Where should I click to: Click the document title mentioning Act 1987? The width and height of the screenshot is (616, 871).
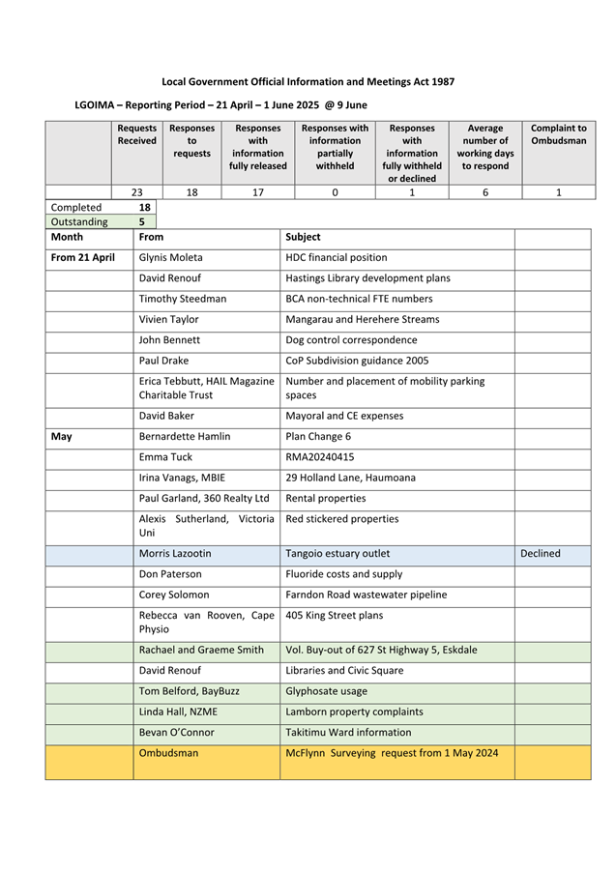308,82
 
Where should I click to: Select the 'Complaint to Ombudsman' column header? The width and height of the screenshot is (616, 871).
558,134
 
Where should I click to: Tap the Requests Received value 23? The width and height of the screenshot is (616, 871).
137,192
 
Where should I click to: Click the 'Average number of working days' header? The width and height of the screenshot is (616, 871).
484,147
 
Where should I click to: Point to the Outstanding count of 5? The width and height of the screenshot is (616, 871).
142,221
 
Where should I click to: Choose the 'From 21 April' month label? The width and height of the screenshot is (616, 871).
82,258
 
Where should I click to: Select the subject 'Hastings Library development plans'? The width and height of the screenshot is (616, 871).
368,278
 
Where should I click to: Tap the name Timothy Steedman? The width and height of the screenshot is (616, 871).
183,299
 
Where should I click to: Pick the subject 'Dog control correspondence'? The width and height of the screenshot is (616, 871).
352,340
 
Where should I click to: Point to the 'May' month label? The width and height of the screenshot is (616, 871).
61,437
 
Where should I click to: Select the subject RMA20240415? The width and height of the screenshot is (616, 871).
320,457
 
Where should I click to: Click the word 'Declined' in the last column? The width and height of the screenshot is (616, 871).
541,554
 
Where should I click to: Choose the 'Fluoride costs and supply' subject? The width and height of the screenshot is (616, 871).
349,574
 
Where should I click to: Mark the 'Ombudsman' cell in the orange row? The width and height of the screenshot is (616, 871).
169,753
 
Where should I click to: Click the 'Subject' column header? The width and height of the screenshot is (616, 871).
304,237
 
